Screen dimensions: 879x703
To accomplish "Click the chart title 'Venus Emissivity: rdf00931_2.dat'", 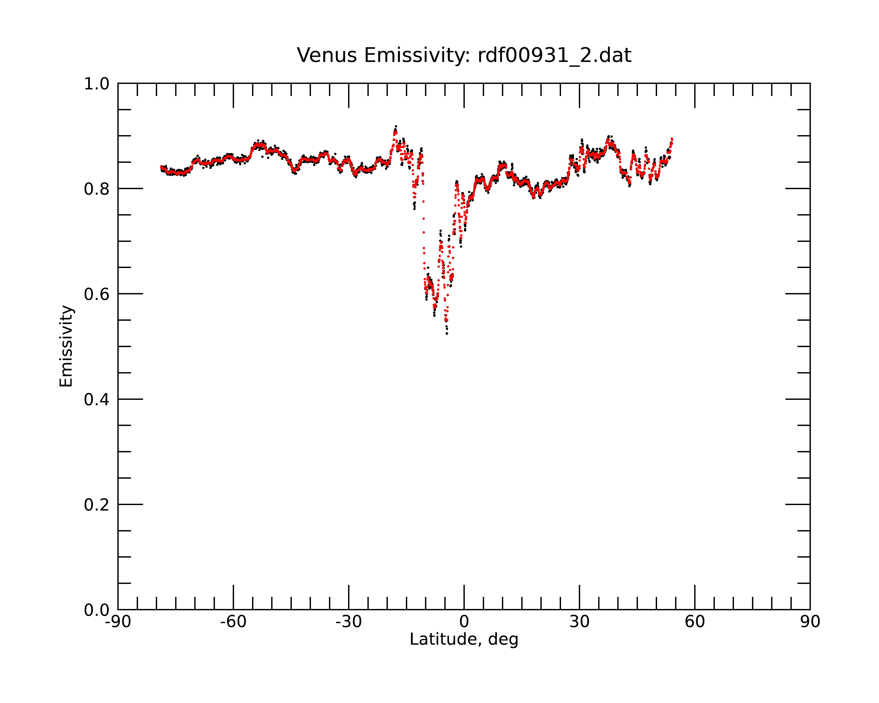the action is pos(464,55).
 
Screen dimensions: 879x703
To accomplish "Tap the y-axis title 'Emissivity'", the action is pos(66,346).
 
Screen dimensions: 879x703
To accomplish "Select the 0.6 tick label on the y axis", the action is pos(97,294).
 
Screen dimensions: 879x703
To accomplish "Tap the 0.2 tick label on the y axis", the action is pos(97,505).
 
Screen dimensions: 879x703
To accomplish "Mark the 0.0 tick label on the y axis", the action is pos(97,610).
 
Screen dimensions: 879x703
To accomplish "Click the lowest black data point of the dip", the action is pos(447,334).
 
